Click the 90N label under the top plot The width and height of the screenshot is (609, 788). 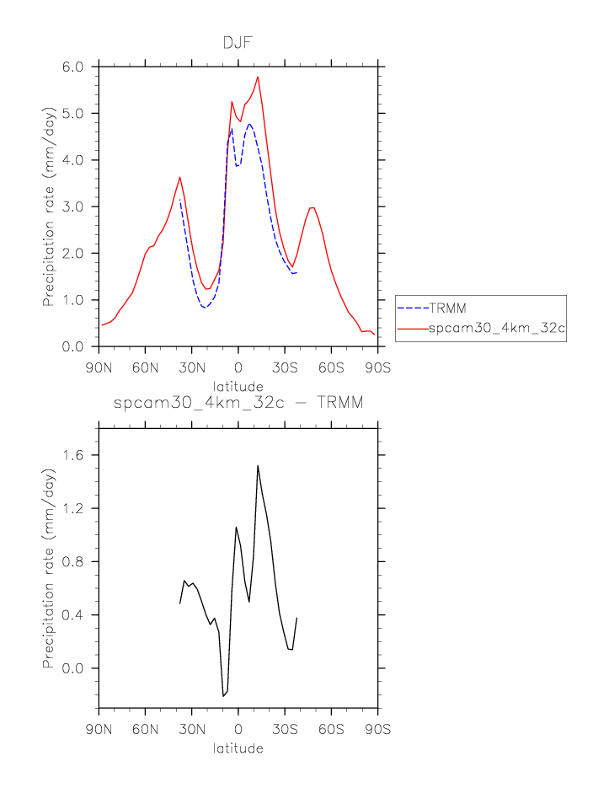tap(99, 367)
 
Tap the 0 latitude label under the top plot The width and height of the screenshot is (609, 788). tap(238, 367)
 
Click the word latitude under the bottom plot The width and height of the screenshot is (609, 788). tap(238, 748)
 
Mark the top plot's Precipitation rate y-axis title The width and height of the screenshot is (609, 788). tap(49, 206)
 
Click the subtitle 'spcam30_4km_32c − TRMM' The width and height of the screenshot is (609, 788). tap(238, 404)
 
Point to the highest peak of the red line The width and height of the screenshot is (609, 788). tap(258, 77)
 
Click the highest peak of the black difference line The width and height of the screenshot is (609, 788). tap(258, 465)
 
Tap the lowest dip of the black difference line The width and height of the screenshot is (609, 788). tap(223, 696)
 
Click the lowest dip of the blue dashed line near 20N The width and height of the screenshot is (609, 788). tap(205, 308)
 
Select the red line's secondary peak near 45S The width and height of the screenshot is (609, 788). tap(313, 207)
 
